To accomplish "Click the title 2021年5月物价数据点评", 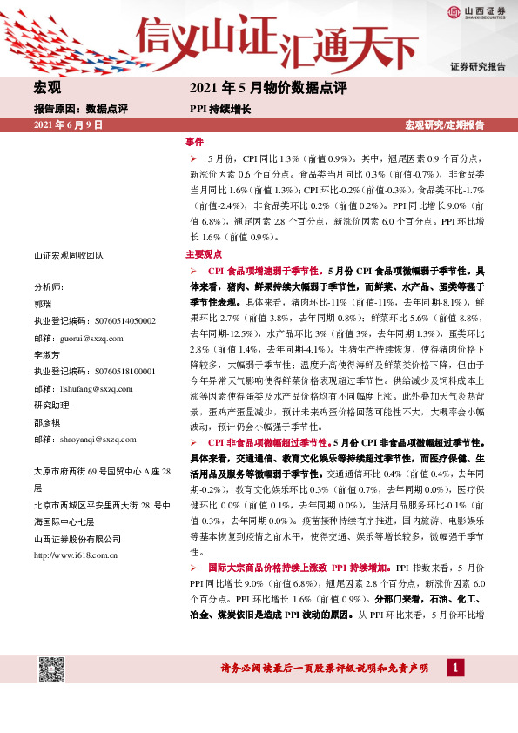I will point(267,88).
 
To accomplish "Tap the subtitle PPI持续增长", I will point(220,110).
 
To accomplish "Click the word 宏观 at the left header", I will point(47,88).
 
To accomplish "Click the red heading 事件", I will point(194,142).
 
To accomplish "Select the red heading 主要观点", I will point(205,256).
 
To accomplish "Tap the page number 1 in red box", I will point(454,668).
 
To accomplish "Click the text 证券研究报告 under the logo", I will point(477,66).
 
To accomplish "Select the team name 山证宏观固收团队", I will point(69,254).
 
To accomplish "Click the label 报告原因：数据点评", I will point(80,110).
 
